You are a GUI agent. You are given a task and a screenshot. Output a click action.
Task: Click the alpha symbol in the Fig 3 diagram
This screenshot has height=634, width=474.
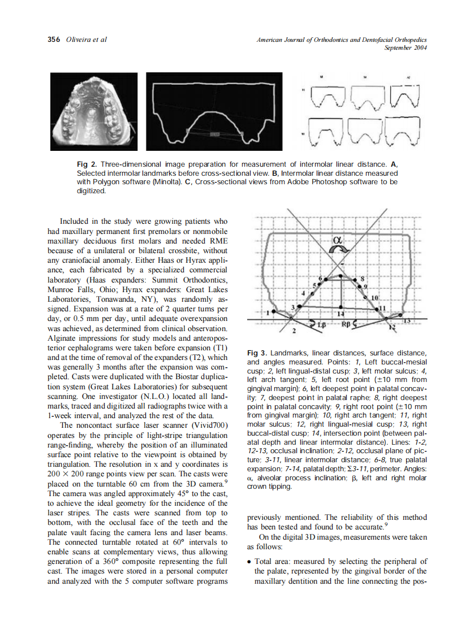(x=338, y=241)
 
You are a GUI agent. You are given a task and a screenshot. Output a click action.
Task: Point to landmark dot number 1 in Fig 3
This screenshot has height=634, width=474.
(x=274, y=311)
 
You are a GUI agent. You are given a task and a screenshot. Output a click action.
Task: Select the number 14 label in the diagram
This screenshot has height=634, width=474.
(x=341, y=312)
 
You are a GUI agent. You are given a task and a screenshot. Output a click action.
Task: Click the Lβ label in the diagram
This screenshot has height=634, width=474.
(x=321, y=326)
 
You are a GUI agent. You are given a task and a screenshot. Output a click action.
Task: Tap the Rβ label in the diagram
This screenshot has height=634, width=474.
(x=347, y=325)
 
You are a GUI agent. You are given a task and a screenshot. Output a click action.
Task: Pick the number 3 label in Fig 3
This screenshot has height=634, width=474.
(x=293, y=306)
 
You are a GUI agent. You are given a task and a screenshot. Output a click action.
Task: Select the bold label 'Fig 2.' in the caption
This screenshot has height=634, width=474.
(x=87, y=164)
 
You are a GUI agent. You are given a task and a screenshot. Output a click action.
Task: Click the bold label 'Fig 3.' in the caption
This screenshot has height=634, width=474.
(x=257, y=354)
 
